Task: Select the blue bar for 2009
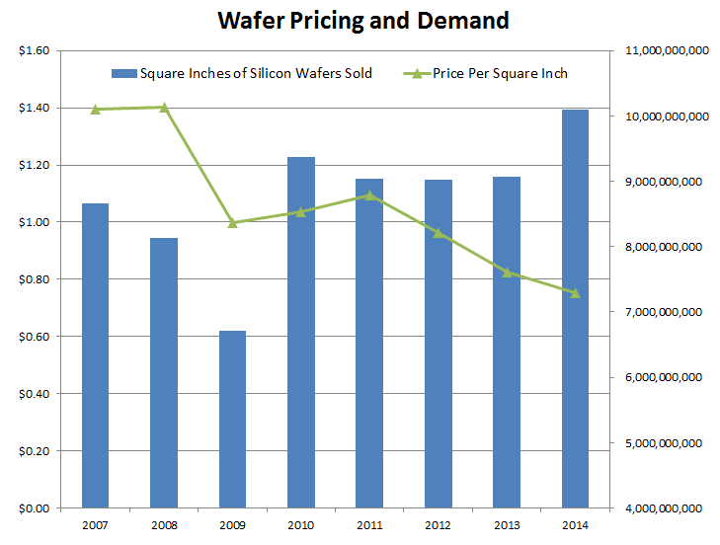[x=232, y=420]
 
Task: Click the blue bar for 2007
[x=95, y=355]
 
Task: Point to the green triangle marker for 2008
[x=164, y=107]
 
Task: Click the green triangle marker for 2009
[x=232, y=223]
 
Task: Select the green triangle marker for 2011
[x=369, y=195]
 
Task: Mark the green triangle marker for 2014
[x=575, y=292]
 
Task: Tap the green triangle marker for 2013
[x=507, y=272]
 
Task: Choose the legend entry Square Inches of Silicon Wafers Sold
[x=242, y=73]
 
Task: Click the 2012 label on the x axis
[x=438, y=524]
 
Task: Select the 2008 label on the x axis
[x=164, y=524]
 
